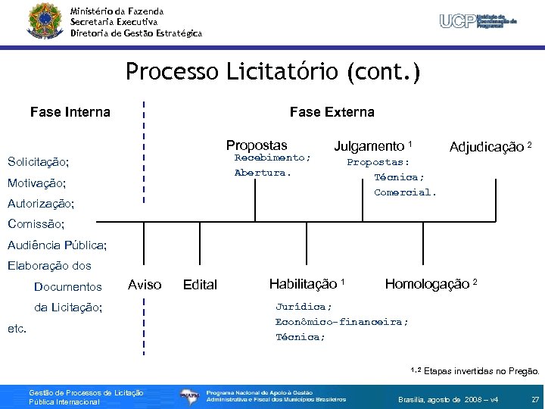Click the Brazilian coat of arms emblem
coord(42,20)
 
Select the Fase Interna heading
coord(70,112)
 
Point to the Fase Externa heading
coord(332,112)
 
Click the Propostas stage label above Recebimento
coord(257,145)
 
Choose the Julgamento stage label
coord(372,145)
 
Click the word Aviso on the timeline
coord(145,285)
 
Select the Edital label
coord(200,285)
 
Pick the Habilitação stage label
coord(306,284)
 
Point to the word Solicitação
coord(38,162)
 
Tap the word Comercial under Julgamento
coord(405,192)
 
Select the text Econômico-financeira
coord(341,322)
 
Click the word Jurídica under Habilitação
coord(303,307)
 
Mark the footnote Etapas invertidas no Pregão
coord(481,372)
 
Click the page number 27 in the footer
coord(534,398)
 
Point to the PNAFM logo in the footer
coord(190,395)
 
